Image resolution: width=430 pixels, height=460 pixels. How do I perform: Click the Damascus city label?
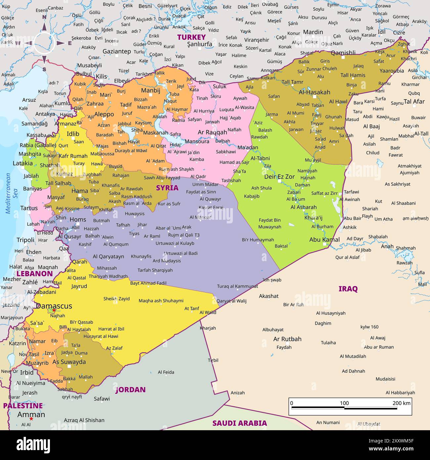(54, 306)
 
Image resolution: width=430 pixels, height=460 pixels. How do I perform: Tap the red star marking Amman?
(31, 419)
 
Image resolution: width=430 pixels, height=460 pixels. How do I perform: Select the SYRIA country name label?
(167, 188)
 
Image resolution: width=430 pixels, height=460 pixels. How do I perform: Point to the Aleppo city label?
(104, 114)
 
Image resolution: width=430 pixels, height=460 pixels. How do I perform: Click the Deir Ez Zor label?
(279, 177)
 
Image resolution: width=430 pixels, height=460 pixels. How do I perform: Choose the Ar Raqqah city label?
(212, 132)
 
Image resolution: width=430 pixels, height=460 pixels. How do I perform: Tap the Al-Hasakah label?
(314, 92)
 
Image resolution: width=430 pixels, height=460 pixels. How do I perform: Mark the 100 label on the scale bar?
(344, 403)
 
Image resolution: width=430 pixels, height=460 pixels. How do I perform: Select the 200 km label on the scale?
(401, 403)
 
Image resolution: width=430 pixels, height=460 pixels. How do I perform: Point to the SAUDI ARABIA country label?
(239, 423)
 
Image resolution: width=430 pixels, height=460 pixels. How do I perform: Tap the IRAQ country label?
(348, 289)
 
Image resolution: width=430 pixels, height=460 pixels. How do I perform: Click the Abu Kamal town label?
(324, 240)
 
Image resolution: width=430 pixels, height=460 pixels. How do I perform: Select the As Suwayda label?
(69, 362)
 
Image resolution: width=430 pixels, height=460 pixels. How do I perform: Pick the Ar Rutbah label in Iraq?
(287, 339)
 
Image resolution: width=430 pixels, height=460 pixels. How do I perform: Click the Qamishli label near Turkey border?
(343, 53)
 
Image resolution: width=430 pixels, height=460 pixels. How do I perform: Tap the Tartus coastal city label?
(29, 208)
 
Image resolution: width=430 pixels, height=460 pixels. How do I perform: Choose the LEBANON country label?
(34, 274)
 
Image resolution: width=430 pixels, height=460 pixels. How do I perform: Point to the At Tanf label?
(192, 308)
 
